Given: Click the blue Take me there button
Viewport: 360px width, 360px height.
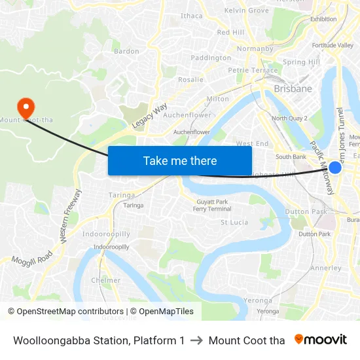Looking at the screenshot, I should click(x=180, y=160).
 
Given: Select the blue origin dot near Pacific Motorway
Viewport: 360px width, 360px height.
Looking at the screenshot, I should click(x=334, y=168).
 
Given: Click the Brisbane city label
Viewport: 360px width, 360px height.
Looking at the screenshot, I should click(x=293, y=88).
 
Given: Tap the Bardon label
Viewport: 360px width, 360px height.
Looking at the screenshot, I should click(x=126, y=51).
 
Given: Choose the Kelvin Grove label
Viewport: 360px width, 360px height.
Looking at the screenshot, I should click(x=246, y=10).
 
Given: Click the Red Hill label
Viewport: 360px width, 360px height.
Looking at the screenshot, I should click(x=230, y=32).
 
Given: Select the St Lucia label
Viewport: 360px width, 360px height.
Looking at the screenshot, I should click(x=234, y=223).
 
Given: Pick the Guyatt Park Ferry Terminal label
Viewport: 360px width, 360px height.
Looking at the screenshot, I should click(x=211, y=205).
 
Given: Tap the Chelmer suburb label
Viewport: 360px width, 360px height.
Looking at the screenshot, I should click(x=106, y=280).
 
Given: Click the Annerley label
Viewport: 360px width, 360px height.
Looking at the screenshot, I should click(x=325, y=268).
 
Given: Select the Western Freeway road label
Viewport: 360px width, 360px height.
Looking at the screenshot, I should click(x=71, y=217).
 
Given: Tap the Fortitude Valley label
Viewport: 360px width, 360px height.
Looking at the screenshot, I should click(x=333, y=45).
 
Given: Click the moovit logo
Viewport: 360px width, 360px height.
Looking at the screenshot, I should click(x=321, y=340).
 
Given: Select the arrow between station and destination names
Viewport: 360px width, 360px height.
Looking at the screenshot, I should click(x=196, y=340).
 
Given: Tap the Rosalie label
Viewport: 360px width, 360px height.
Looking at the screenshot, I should click(x=190, y=80).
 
